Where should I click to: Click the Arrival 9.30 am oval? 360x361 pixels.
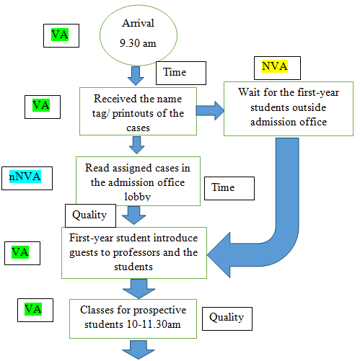tap(139, 35)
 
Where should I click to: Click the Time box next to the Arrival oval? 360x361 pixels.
tap(181, 73)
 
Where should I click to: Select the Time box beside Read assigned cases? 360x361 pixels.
tap(229, 188)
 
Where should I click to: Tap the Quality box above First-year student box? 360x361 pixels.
tap(90, 215)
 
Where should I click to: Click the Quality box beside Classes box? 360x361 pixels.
tap(227, 318)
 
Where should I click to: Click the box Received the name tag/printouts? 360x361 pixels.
tap(138, 111)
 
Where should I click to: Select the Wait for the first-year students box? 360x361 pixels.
tap(289, 109)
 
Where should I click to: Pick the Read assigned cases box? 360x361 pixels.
tap(138, 181)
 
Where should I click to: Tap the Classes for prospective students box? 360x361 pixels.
tap(133, 318)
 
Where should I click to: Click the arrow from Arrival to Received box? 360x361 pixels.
tap(136, 76)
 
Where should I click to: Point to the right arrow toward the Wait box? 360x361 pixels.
tap(210, 110)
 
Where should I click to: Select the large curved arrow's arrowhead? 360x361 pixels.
tap(219, 255)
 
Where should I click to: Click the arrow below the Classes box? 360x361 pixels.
tap(139, 349)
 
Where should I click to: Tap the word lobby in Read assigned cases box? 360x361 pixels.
tap(138, 197)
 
